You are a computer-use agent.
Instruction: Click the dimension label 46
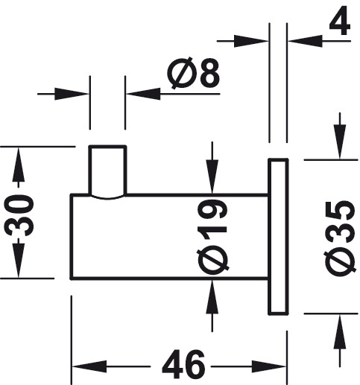183,364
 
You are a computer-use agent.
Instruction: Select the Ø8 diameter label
194,73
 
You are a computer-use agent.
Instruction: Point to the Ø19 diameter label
212,237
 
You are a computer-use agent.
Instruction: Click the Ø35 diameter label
339,238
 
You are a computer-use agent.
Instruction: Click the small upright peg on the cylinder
108,172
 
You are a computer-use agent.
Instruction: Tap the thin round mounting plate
278,237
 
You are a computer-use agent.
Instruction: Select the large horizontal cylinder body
170,237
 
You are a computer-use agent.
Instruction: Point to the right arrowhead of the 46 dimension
269,366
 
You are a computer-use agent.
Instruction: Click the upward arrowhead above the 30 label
19,164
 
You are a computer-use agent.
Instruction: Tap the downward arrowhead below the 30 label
19,261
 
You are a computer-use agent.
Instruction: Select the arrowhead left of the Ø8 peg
72,94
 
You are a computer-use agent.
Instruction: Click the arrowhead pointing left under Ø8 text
143,94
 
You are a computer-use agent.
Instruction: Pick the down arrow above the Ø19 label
212,176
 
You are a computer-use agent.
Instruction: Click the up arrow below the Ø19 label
212,296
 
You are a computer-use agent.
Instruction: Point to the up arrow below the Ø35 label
340,332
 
